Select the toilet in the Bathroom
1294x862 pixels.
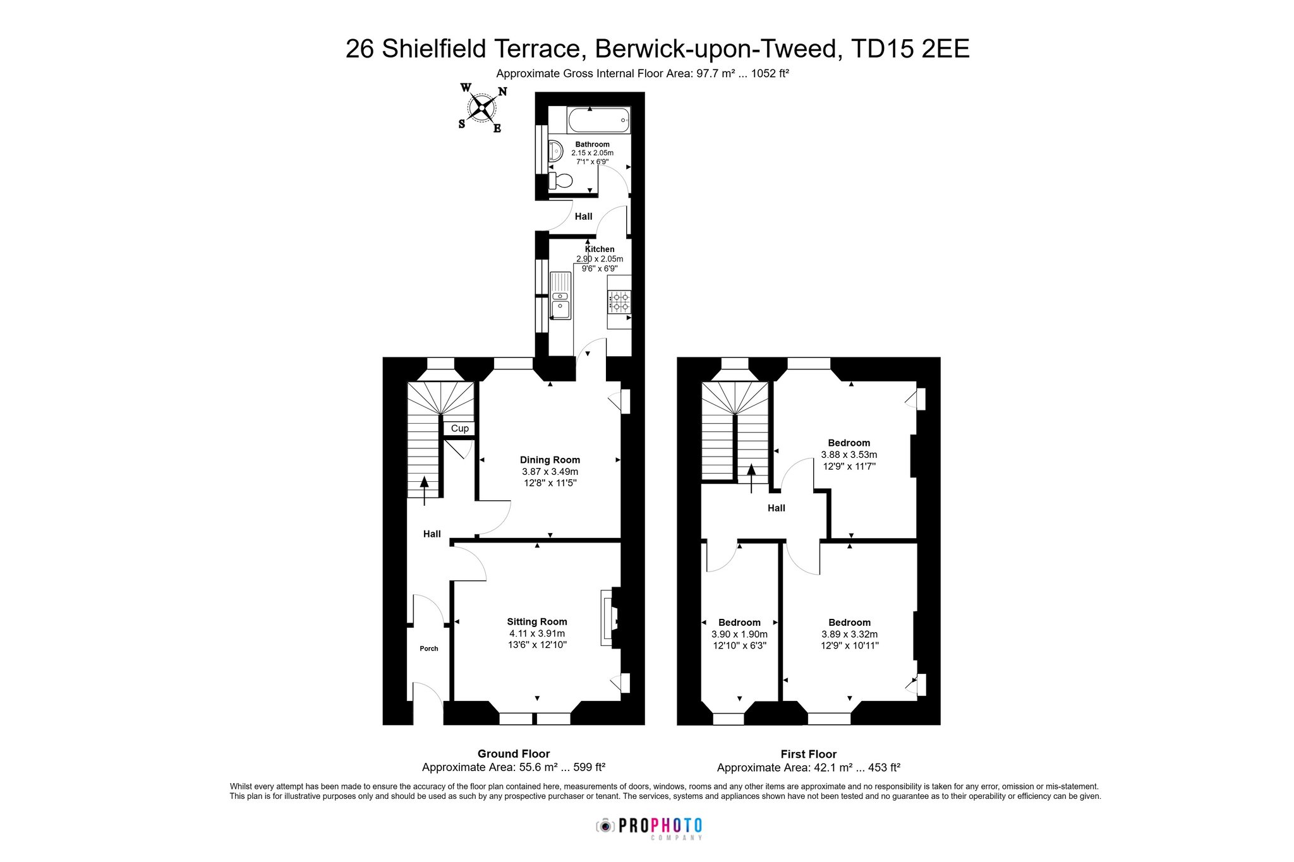click(560, 181)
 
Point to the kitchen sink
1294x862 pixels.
click(560, 296)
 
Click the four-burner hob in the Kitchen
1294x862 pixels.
click(619, 302)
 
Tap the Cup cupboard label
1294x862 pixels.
click(460, 428)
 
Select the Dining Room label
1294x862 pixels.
click(550, 460)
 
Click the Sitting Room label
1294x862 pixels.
click(537, 621)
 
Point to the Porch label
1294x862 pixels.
click(429, 649)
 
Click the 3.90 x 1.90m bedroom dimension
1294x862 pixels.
click(739, 634)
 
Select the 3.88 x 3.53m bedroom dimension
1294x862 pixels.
click(849, 455)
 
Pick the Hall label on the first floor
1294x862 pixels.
click(777, 508)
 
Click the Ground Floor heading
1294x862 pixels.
click(514, 753)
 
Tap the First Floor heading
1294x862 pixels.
click(809, 754)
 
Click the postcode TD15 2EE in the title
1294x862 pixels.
click(910, 49)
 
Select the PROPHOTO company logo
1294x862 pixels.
click(650, 828)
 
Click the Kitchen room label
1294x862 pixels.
click(600, 249)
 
